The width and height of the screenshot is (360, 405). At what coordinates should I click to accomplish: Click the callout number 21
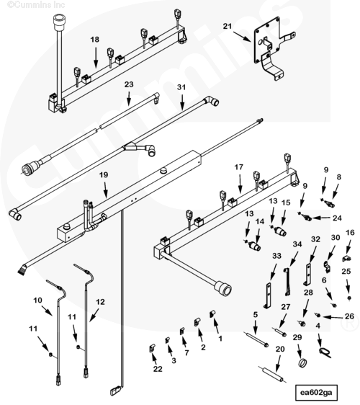(228, 27)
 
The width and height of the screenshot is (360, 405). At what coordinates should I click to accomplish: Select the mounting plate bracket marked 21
(271, 47)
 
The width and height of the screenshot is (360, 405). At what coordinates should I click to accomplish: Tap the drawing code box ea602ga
(316, 393)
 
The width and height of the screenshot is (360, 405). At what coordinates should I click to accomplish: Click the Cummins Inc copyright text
(37, 4)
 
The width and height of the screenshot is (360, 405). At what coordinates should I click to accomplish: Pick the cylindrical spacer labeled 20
(271, 375)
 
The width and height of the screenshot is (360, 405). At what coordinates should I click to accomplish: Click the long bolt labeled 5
(256, 339)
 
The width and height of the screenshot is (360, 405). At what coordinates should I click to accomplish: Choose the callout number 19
(104, 175)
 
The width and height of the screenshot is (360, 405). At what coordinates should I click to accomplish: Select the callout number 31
(181, 87)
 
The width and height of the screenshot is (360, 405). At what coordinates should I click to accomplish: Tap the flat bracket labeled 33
(268, 295)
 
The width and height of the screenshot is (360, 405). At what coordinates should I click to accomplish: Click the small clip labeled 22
(152, 349)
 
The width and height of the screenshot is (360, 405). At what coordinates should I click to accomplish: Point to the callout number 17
(239, 167)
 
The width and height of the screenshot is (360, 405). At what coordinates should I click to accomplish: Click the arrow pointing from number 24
(321, 218)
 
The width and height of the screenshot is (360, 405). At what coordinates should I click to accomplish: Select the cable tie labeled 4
(325, 352)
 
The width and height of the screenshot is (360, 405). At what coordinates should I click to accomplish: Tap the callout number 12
(100, 302)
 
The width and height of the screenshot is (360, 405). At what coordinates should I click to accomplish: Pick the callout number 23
(129, 84)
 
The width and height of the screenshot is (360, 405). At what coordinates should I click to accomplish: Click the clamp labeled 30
(327, 267)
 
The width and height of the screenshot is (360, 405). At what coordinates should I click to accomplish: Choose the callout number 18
(95, 40)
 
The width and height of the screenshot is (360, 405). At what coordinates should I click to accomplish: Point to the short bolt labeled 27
(279, 331)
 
